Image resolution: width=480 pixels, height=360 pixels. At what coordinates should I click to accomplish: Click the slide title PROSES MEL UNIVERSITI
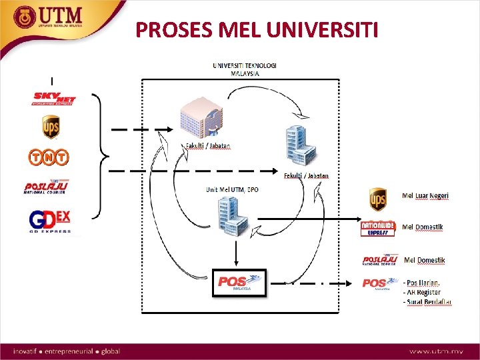[x=257, y=29]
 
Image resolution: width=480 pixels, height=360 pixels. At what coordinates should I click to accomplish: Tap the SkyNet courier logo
[x=55, y=99]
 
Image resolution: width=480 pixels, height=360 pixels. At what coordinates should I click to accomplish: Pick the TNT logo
[x=48, y=157]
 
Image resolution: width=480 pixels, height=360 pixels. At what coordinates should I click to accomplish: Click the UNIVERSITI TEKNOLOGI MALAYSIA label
[x=245, y=69]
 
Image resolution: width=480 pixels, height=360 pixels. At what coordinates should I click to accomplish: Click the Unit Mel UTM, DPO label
[x=231, y=190]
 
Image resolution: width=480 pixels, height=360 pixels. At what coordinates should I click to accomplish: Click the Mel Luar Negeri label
[x=425, y=195]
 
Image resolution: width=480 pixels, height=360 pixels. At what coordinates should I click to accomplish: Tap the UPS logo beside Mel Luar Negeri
[x=379, y=199]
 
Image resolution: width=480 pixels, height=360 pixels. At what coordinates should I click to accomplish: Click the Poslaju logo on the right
[x=379, y=260]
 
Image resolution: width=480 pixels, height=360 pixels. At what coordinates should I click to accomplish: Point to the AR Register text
[x=422, y=292]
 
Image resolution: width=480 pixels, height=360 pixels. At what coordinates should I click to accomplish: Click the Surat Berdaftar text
[x=427, y=302]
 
